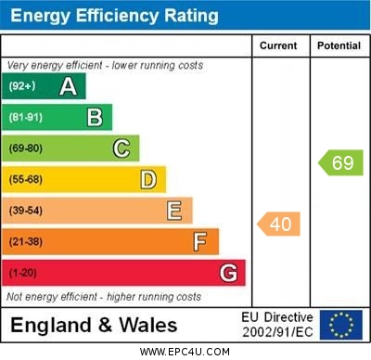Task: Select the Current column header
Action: pos(278,45)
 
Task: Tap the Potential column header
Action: pos(339,45)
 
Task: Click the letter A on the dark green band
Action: pos(68,86)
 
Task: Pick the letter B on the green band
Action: pos(95,117)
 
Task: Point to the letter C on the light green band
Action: pos(122,148)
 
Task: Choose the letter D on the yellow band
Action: pos(148,179)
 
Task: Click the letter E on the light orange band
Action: pos(174,211)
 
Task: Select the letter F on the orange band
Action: pos(200,241)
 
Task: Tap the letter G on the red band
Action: pos(228,273)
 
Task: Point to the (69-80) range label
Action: pos(25,148)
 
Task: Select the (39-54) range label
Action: pos(25,211)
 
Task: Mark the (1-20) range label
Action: pos(22,273)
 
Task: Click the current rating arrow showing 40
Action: pos(278,224)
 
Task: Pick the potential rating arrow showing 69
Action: pos(339,162)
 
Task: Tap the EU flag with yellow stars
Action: pos(340,325)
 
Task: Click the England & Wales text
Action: pos(94,325)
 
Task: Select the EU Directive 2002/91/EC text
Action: pos(277,325)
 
